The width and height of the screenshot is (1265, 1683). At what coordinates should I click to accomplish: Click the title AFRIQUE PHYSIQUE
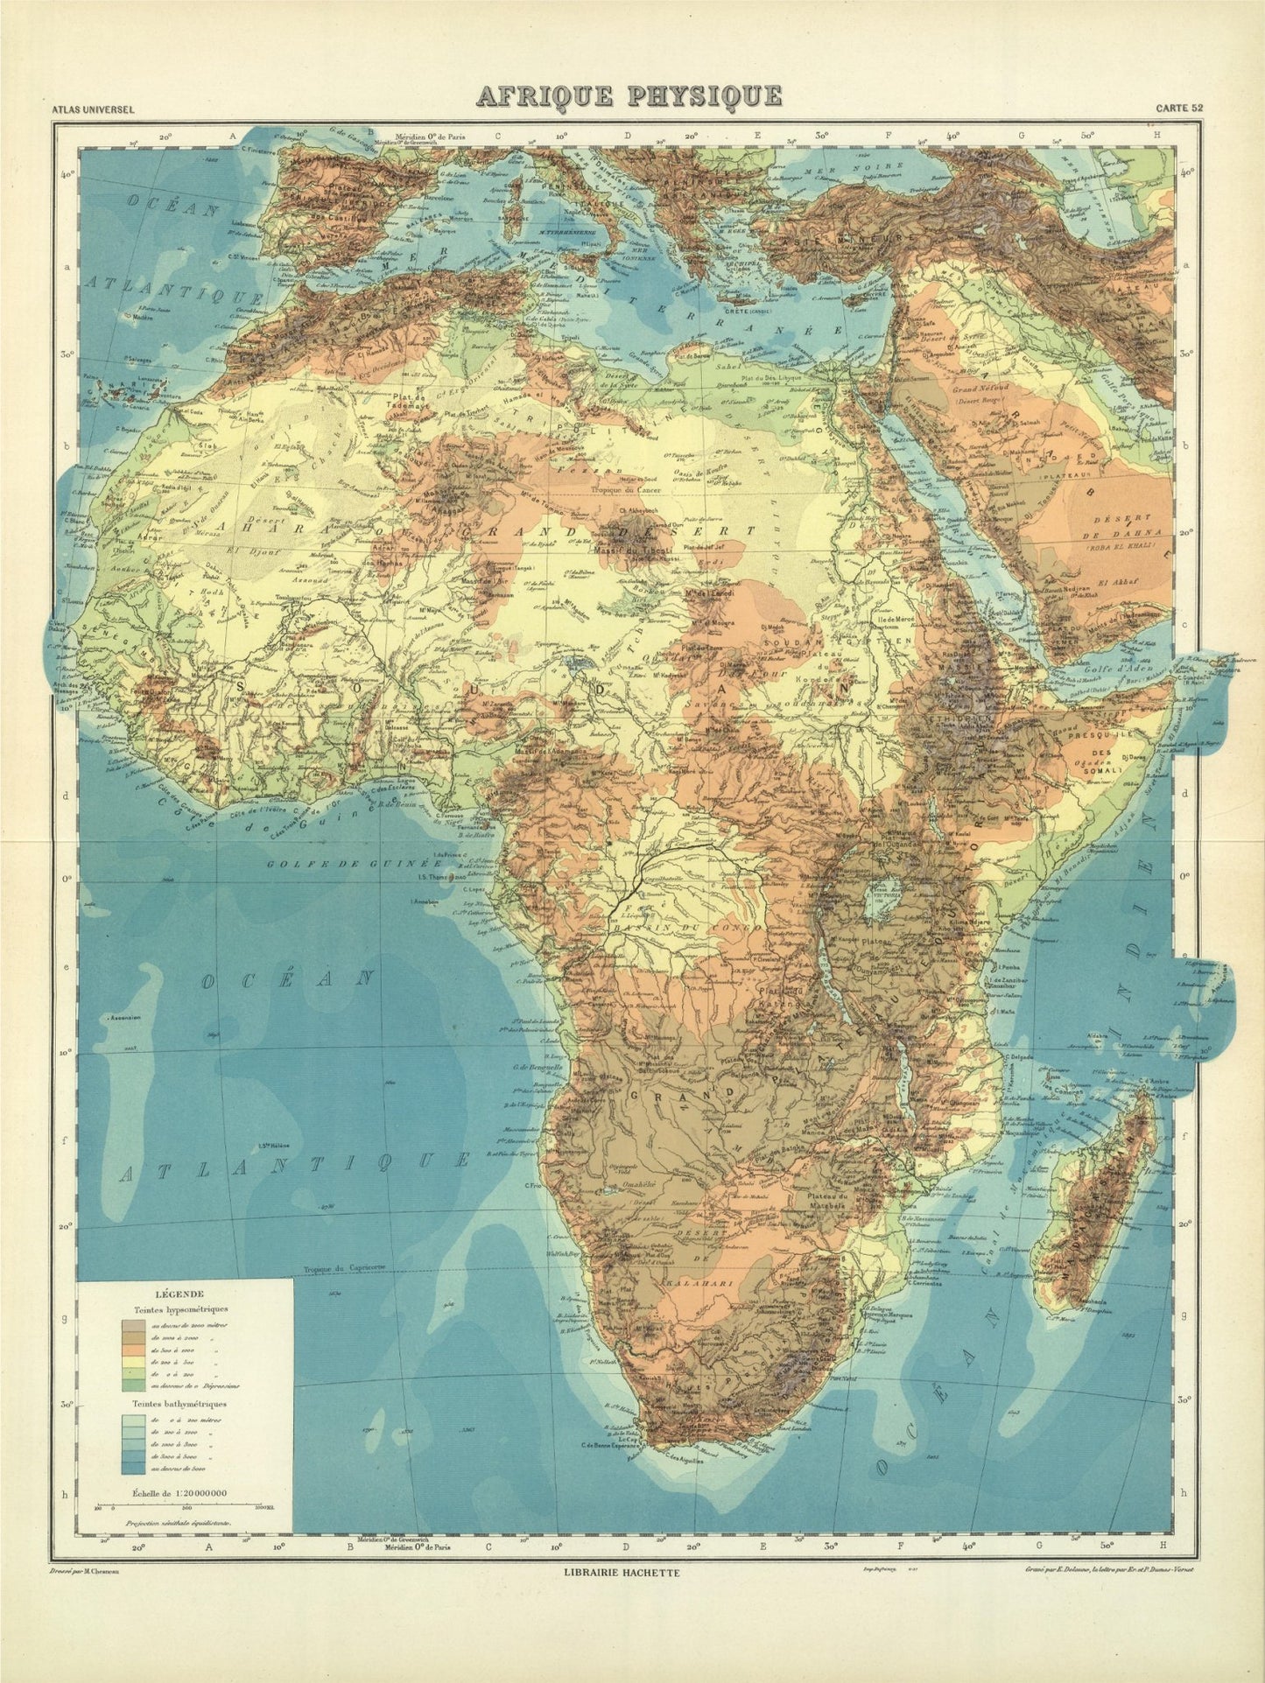click(x=629, y=95)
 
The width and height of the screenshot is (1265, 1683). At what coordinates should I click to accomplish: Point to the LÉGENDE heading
click(x=179, y=1294)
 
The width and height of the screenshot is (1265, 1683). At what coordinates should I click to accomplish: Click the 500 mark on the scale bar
click(x=186, y=1506)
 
